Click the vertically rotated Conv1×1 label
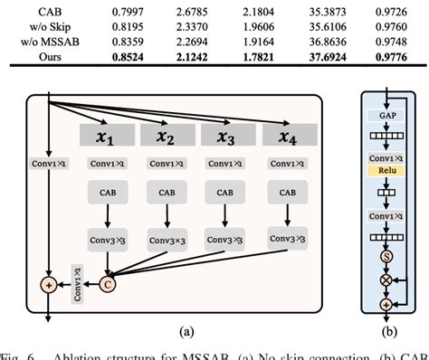coord(79,284)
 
